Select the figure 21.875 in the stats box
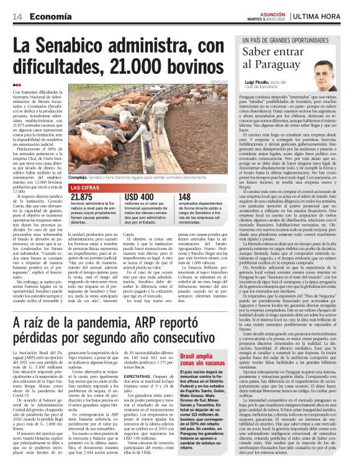click(x=81, y=197)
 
